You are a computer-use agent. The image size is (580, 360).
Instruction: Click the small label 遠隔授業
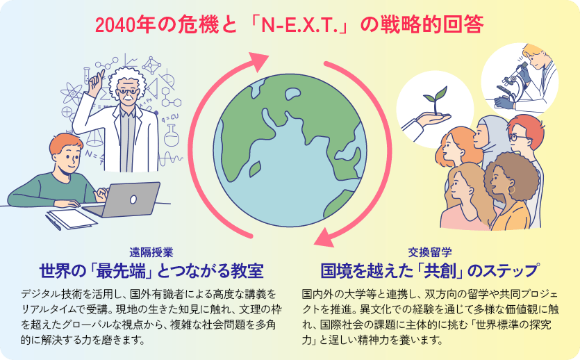click(x=151, y=252)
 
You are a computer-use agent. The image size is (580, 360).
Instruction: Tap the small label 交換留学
click(x=430, y=252)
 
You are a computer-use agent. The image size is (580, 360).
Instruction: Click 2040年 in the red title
click(x=120, y=26)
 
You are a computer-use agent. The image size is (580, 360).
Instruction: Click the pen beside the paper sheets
click(x=53, y=222)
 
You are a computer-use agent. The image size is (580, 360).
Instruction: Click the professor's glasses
click(x=128, y=91)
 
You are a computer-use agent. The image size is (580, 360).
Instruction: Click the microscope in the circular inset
click(x=514, y=83)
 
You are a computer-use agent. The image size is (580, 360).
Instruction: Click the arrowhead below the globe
click(x=325, y=237)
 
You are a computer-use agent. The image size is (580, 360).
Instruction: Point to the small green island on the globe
click(x=254, y=169)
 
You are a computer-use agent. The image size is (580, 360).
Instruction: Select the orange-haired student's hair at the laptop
click(x=65, y=143)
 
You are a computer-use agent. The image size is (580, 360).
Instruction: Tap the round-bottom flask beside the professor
click(x=172, y=135)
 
